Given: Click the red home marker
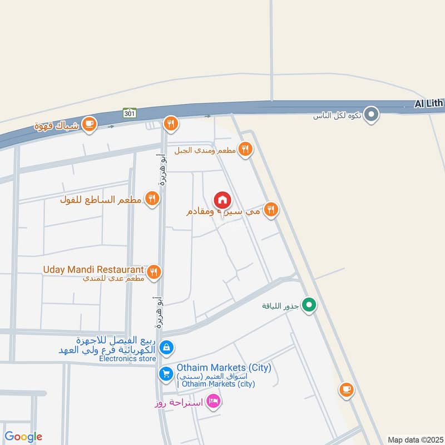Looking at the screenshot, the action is coord(222,200).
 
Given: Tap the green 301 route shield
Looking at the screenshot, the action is coord(130,113).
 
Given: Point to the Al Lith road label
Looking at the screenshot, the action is coord(429,103).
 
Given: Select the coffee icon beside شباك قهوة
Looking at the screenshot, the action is coord(88,125).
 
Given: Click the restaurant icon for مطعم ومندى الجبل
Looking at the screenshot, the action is coord(245,149).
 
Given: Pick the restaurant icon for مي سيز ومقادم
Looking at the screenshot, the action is coord(271,209).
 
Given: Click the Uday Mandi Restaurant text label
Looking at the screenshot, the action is coord(93,269).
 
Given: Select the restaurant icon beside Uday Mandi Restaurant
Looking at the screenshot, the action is coord(155,271).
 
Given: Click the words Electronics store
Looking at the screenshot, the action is coord(127,359).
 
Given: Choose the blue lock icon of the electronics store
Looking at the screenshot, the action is coord(165,348).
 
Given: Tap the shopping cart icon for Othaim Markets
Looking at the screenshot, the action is coord(165,374).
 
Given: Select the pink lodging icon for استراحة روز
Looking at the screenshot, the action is coord(212,400).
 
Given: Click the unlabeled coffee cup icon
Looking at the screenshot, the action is coord(347,390).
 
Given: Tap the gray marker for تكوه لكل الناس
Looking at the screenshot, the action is coord(372,115).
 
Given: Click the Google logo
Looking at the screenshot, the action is coord(23,437).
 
